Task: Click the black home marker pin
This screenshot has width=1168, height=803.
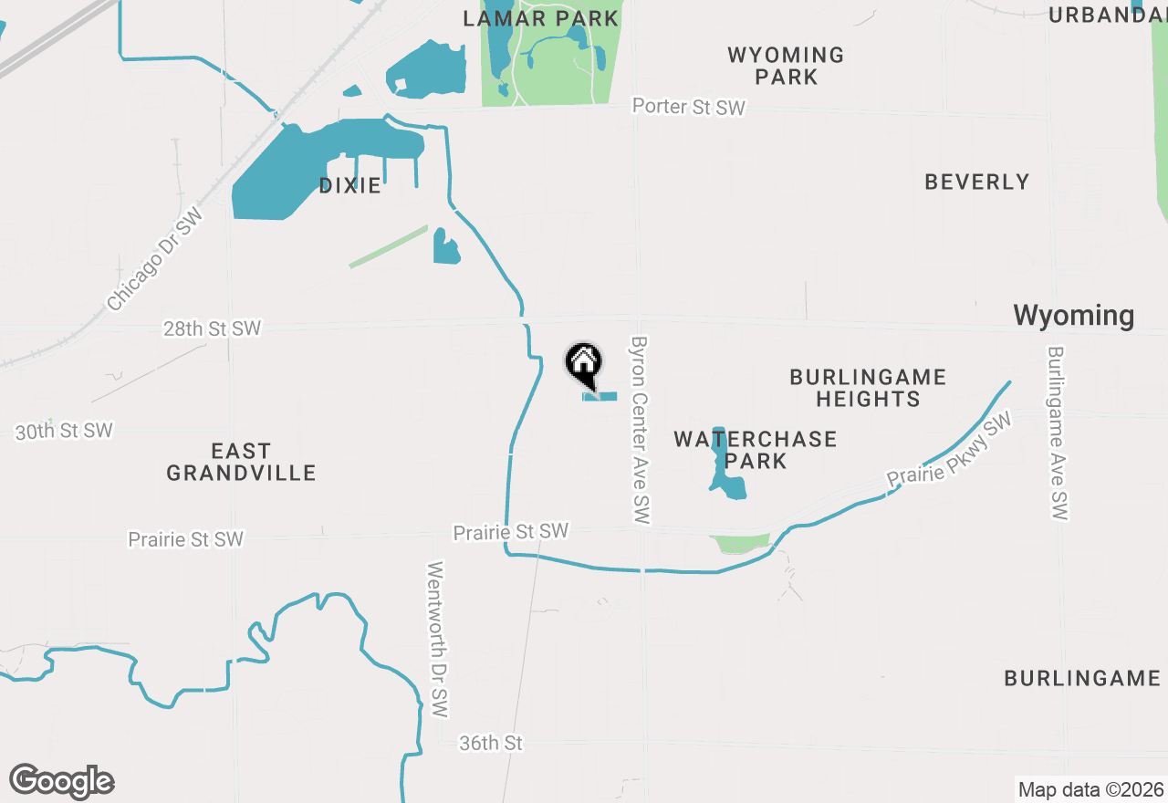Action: [x=584, y=364]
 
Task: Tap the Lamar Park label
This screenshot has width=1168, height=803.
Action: [x=542, y=18]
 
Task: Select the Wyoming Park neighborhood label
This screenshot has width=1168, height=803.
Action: [x=786, y=66]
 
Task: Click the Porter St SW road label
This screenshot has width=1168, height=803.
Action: [x=689, y=107]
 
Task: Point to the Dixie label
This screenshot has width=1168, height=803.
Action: [x=349, y=186]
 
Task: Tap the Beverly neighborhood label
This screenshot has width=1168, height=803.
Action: [x=976, y=182]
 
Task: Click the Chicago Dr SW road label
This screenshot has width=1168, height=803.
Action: [x=153, y=259]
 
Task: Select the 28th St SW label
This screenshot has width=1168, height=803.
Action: [x=212, y=328]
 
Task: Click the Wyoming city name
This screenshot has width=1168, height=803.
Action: [x=1073, y=316]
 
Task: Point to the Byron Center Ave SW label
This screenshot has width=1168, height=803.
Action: [x=640, y=430]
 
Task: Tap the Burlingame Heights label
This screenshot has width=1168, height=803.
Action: [x=867, y=388]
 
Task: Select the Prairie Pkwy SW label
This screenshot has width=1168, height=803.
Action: [x=950, y=450]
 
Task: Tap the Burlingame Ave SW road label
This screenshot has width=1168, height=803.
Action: [x=1057, y=433]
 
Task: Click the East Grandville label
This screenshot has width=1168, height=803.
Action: [x=241, y=462]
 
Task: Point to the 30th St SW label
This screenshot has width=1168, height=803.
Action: [x=64, y=431]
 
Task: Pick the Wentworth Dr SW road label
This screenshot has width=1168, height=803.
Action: [x=439, y=639]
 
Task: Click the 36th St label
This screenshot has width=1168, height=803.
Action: [x=491, y=744]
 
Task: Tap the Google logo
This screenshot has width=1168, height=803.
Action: [x=61, y=781]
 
